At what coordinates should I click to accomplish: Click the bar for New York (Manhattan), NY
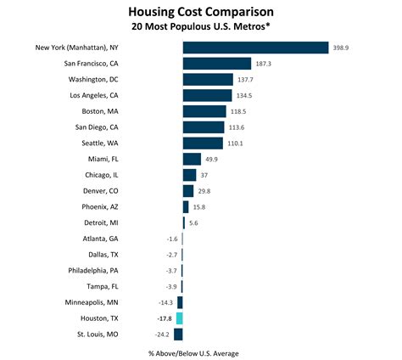pos(255,48)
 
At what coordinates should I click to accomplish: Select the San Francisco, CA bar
pos(217,64)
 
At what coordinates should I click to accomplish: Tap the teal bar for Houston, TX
pos(179,318)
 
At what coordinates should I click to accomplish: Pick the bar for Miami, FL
pos(192,159)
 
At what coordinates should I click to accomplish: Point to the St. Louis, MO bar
pos(178,335)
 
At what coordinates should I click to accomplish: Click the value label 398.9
pos(343,48)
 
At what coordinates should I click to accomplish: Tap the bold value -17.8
pos(164,318)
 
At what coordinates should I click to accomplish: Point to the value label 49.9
pos(214,159)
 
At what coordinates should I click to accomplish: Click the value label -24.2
pos(161,335)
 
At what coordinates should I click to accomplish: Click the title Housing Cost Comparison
pos(201,12)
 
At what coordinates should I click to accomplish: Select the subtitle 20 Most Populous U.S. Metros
pos(201,26)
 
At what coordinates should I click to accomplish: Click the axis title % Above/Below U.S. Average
pos(200,352)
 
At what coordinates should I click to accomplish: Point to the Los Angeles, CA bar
pos(206,95)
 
